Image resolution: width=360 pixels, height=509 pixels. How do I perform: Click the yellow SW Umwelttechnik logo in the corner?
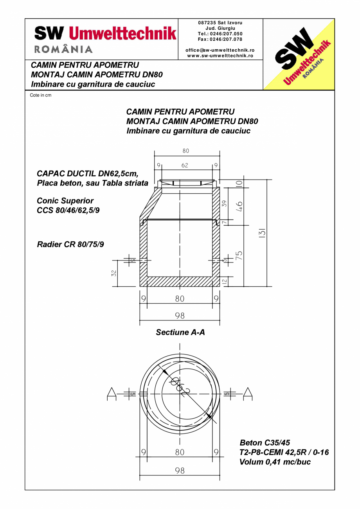[299, 54]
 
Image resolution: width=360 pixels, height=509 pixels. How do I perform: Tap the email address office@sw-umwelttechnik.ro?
[220, 50]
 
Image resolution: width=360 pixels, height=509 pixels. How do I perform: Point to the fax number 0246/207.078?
[220, 39]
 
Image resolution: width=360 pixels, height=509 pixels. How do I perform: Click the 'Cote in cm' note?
[41, 95]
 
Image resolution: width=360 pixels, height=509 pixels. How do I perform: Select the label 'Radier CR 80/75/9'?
[70, 245]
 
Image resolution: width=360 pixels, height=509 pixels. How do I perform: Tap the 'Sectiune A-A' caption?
[180, 333]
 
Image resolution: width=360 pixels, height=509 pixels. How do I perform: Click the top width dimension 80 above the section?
[185, 151]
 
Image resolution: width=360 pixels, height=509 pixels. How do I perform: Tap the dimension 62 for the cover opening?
[185, 165]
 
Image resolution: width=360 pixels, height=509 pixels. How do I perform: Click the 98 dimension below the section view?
[180, 316]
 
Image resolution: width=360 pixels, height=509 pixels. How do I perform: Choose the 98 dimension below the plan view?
[180, 471]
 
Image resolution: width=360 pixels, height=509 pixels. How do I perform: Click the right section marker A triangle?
[248, 394]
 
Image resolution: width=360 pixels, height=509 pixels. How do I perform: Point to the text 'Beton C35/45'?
[265, 443]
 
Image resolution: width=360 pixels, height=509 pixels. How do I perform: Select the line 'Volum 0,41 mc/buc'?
[275, 462]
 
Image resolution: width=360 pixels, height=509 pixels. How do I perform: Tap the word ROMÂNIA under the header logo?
[64, 50]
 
